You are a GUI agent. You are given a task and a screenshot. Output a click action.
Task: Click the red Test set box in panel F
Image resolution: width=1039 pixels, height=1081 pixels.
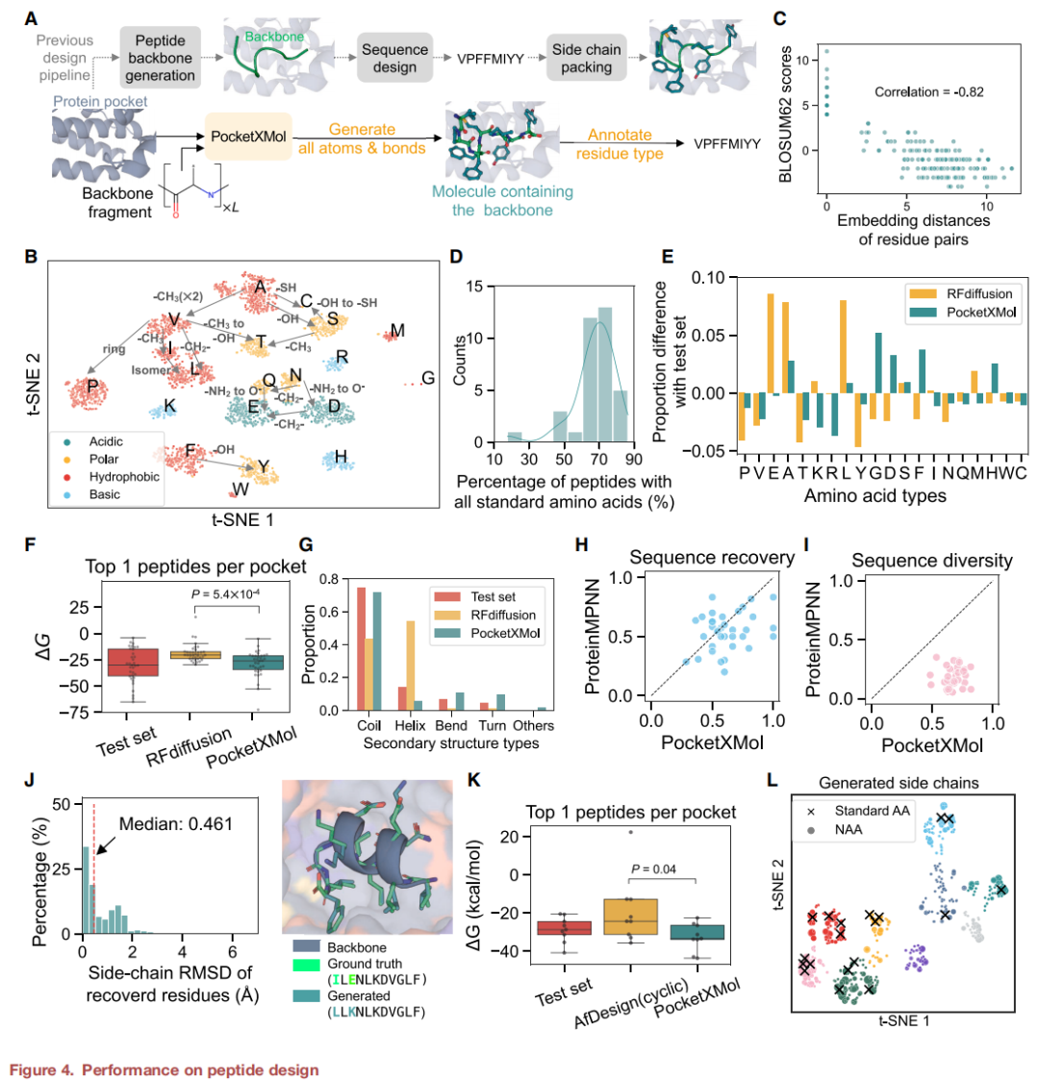coord(132,664)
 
